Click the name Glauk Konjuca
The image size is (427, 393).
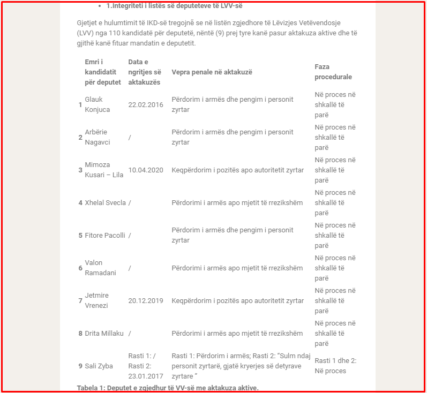[x=97, y=105]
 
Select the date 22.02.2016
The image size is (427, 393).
[x=146, y=105]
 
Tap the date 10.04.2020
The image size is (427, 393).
[x=146, y=170]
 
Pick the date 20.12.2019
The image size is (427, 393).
[x=146, y=301]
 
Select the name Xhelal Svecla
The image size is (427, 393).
[x=105, y=203]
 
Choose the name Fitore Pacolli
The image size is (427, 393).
[x=105, y=236]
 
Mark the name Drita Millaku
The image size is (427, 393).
[x=104, y=334]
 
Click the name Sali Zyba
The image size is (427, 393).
[x=99, y=366]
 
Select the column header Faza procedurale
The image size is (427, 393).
[x=333, y=72]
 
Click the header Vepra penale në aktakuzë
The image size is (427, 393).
[x=212, y=72]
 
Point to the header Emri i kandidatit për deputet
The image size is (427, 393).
[x=102, y=72]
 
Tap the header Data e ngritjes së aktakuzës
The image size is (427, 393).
[x=145, y=72]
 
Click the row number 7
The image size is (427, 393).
[x=80, y=301]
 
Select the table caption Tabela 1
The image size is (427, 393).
[x=168, y=388]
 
